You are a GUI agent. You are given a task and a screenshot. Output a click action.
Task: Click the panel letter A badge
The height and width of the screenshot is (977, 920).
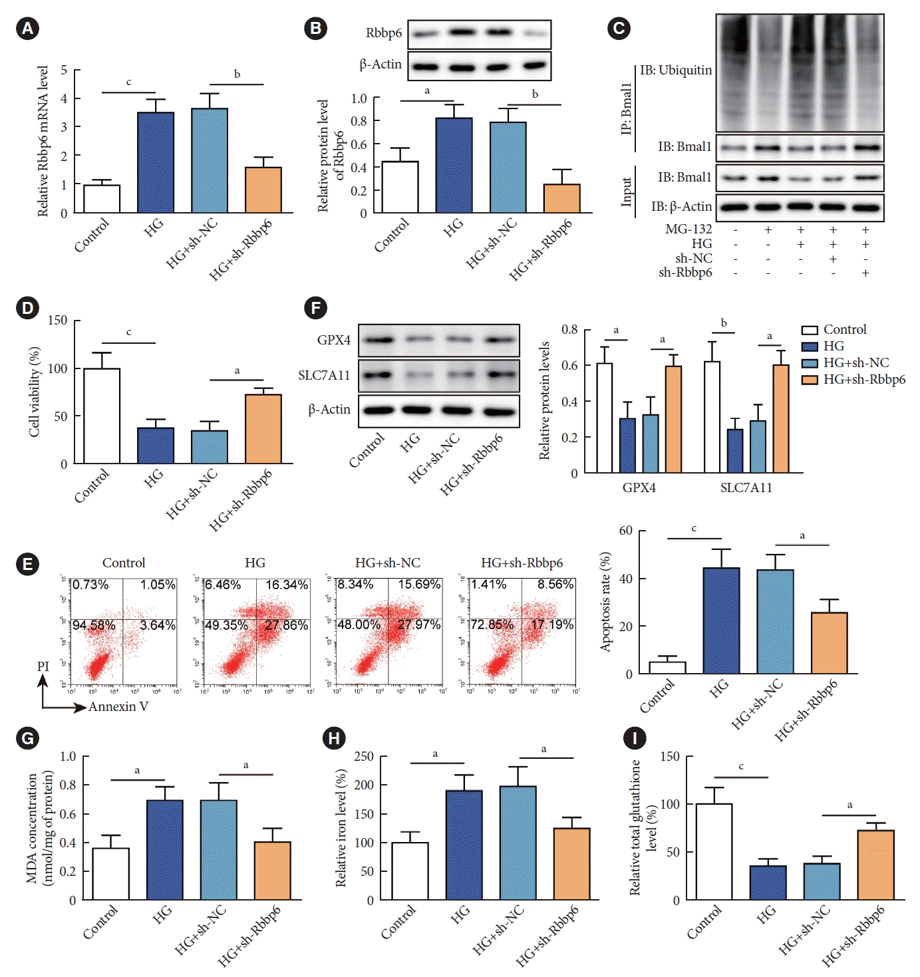coord(27,28)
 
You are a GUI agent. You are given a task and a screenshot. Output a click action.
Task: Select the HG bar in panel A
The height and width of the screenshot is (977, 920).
coord(156,163)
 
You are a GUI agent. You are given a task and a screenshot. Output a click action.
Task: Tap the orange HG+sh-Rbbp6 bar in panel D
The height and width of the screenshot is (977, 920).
coord(263,429)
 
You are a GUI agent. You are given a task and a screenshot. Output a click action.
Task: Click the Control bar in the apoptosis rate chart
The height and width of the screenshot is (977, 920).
coord(667,667)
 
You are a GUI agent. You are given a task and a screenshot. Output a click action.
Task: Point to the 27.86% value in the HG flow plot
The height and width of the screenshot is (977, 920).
coord(286,625)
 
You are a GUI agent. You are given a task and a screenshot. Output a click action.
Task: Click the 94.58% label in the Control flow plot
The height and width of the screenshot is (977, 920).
coord(94,625)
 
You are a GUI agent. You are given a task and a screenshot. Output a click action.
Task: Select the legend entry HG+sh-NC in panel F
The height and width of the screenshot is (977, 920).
coord(855,362)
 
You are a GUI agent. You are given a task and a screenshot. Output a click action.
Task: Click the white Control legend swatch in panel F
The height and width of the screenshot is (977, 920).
coord(810,330)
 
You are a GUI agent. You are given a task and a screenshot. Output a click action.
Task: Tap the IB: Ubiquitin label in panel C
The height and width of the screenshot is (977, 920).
coord(675,70)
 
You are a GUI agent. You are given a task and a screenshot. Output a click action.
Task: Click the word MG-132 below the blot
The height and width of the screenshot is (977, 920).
coord(689,229)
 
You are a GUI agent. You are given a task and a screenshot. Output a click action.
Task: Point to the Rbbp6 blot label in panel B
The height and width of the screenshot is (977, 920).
coord(384,33)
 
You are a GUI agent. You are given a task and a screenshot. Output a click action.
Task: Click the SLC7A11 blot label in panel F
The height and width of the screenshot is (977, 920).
coord(324,375)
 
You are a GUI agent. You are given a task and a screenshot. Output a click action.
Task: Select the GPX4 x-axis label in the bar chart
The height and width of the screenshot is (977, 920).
coord(639,488)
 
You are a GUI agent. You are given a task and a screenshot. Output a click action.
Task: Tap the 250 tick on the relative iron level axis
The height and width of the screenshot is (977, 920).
coord(364,756)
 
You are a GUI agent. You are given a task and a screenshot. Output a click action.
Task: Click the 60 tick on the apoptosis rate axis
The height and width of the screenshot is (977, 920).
coord(625,531)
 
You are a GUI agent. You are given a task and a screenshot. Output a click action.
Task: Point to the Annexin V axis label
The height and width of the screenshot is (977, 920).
coord(118,706)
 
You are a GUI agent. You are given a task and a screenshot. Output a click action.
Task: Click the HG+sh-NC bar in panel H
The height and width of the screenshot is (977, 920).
coord(518,843)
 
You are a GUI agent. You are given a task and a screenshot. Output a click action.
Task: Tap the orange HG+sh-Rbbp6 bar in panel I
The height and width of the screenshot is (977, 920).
coord(875,865)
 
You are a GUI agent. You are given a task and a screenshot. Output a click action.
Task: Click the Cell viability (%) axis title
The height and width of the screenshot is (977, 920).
coord(35,392)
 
